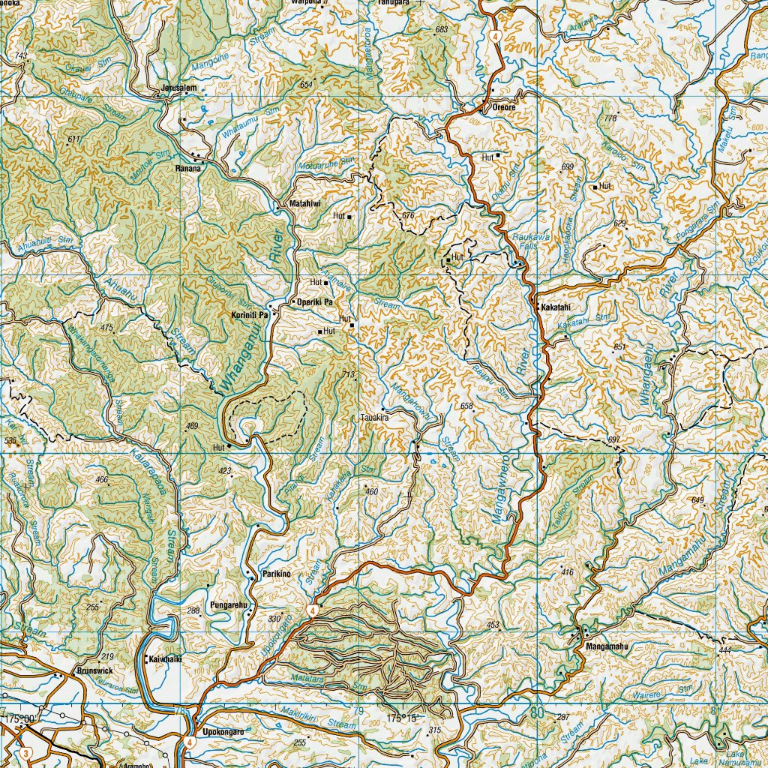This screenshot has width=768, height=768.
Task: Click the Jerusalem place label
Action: (178, 88)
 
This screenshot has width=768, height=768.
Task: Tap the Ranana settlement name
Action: (189, 169)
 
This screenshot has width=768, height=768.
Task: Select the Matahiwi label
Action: (304, 203)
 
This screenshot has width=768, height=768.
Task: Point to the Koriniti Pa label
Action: (250, 316)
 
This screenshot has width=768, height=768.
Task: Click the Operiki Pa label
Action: (315, 301)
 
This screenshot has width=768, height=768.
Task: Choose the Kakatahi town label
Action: (556, 307)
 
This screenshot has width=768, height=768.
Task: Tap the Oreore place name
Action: (504, 108)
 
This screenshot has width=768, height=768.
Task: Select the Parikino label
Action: (275, 574)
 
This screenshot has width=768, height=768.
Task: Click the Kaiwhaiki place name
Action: (166, 659)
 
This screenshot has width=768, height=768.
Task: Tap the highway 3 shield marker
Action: (26, 752)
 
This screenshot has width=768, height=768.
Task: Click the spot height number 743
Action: (20, 57)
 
